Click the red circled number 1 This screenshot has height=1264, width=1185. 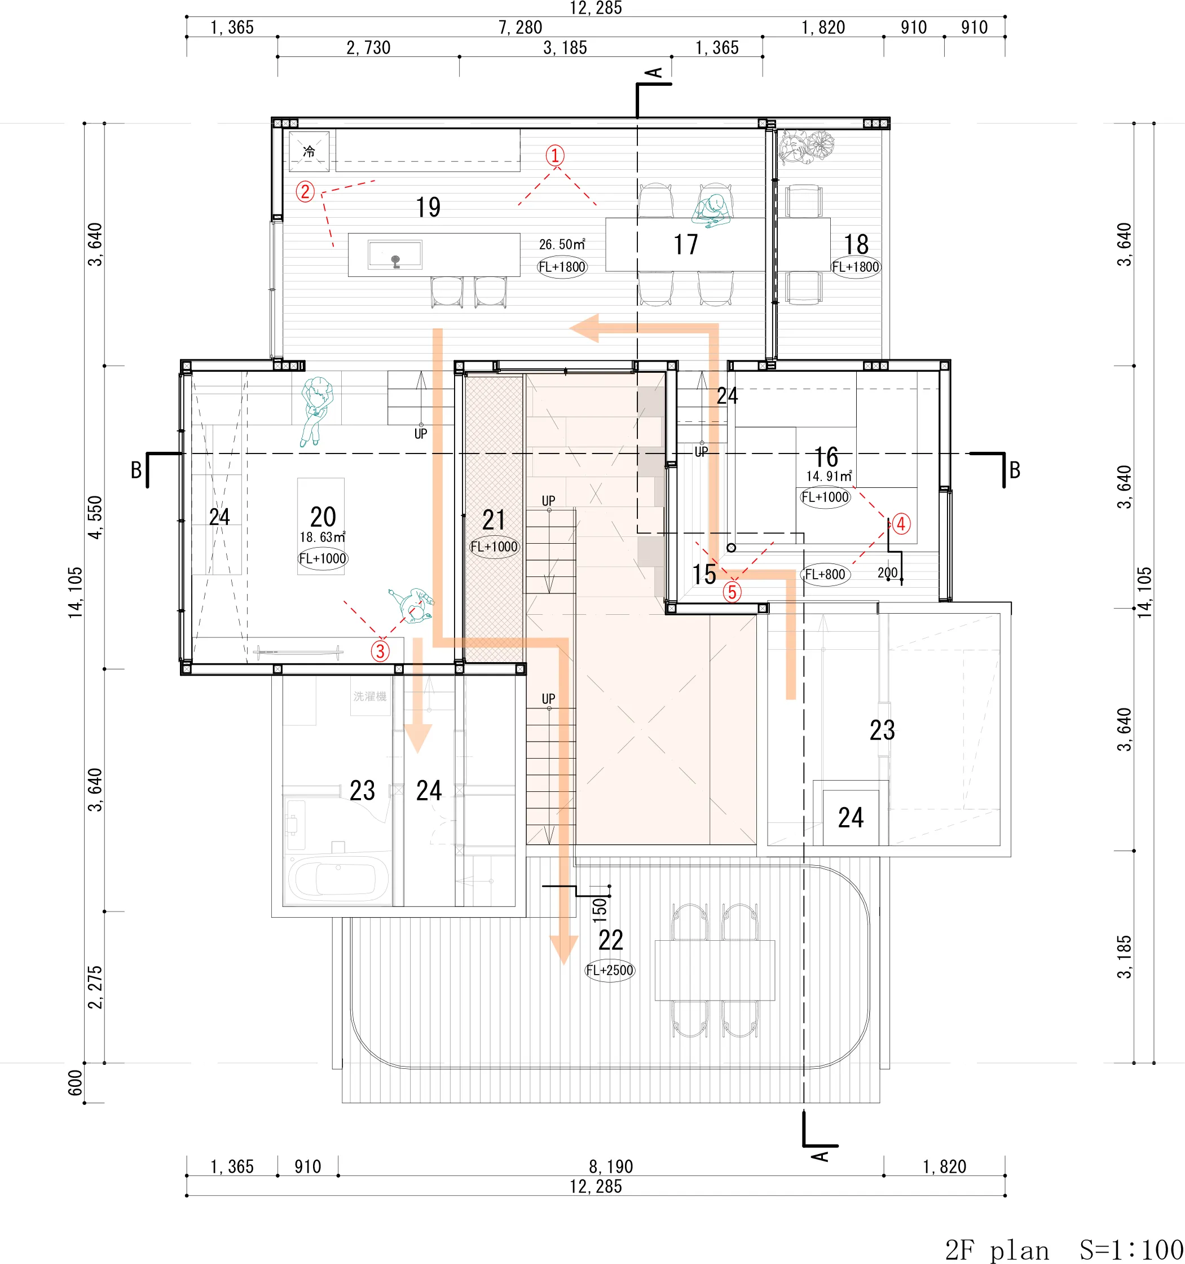555,155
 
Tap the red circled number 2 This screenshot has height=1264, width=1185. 305,191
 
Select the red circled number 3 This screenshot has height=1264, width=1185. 380,651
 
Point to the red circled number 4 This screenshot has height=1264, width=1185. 901,524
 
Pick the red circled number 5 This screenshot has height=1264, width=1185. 732,592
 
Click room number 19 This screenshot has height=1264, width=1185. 428,207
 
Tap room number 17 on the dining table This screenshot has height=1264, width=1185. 685,245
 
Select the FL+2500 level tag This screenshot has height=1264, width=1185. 610,970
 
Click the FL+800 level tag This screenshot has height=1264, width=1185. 825,575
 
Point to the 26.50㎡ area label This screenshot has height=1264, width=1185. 562,244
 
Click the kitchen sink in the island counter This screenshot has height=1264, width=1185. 395,255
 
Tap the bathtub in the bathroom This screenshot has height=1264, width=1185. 338,879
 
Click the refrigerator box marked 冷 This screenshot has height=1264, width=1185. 309,151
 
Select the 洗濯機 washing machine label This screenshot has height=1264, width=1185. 370,697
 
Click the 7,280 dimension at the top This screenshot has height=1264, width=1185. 520,27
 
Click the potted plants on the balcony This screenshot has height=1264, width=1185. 806,147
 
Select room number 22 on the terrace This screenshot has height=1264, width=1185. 610,940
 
